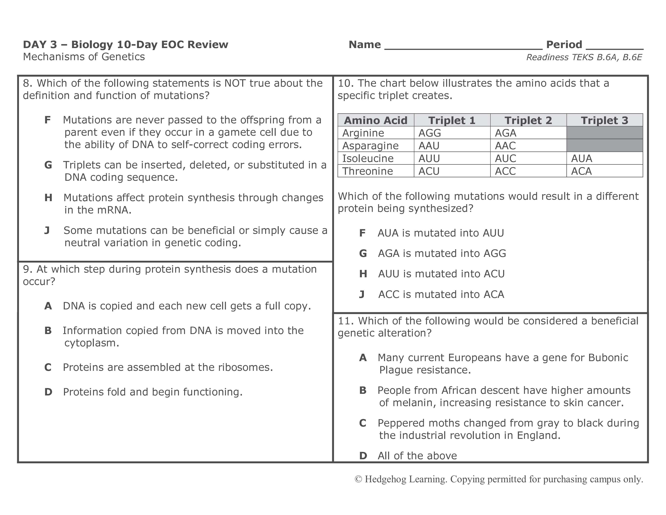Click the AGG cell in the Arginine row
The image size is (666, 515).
pyautogui.click(x=430, y=133)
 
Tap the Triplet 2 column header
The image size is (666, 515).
pyautogui.click(x=528, y=120)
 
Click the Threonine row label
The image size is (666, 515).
pyautogui.click(x=368, y=171)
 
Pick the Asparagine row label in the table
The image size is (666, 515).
pyautogui.click(x=370, y=146)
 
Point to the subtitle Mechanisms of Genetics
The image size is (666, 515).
pyautogui.click(x=84, y=57)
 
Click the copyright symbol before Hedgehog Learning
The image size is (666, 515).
pyautogui.click(x=358, y=479)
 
